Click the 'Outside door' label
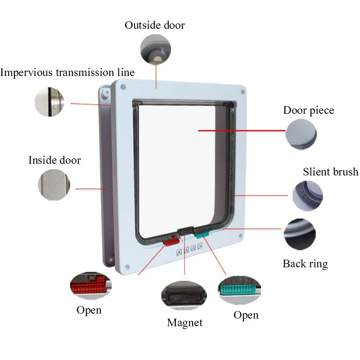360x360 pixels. tap(154, 25)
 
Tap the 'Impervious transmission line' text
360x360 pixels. tap(67, 72)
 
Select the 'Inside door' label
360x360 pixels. tap(54, 160)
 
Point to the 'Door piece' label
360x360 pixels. tap(308, 111)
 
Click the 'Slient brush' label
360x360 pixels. tap(330, 172)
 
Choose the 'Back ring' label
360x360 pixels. tap(305, 264)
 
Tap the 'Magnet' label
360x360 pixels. tap(184, 323)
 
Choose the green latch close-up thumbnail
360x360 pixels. tap(239, 292)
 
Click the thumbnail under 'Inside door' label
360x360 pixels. tap(54, 185)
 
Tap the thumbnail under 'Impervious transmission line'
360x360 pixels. tap(49, 102)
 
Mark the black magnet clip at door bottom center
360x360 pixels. tap(186, 231)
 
